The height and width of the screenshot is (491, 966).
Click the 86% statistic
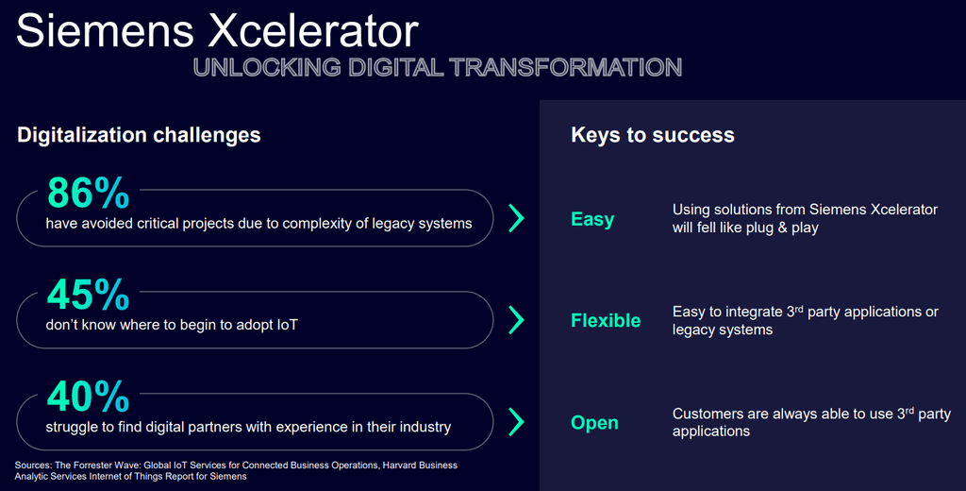point(88,193)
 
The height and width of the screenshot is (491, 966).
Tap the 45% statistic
point(88,295)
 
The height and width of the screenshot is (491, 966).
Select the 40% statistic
point(88,396)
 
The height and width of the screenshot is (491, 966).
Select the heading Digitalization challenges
point(139,135)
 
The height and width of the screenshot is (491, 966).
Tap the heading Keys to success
point(653,135)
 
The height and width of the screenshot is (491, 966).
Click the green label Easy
point(592,219)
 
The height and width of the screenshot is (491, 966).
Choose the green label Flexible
point(606,321)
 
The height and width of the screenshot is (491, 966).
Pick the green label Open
point(594,423)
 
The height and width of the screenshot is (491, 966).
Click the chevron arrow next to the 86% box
point(516,219)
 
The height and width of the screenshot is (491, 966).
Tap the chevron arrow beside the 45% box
point(516,321)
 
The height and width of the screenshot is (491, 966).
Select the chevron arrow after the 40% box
point(516,422)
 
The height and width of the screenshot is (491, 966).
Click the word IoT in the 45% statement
point(287,325)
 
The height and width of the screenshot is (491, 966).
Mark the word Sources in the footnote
point(35,466)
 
